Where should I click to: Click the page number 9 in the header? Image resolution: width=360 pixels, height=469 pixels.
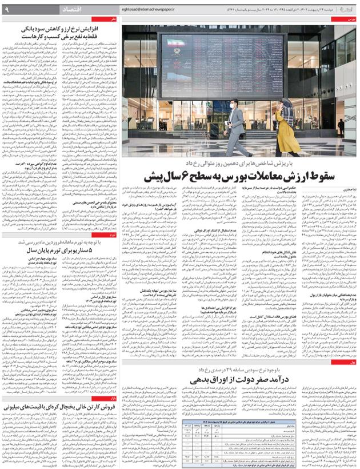tap(6, 9)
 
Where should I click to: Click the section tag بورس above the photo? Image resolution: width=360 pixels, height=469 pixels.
tap(351, 19)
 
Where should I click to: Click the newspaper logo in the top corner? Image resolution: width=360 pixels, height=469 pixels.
tap(346, 9)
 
